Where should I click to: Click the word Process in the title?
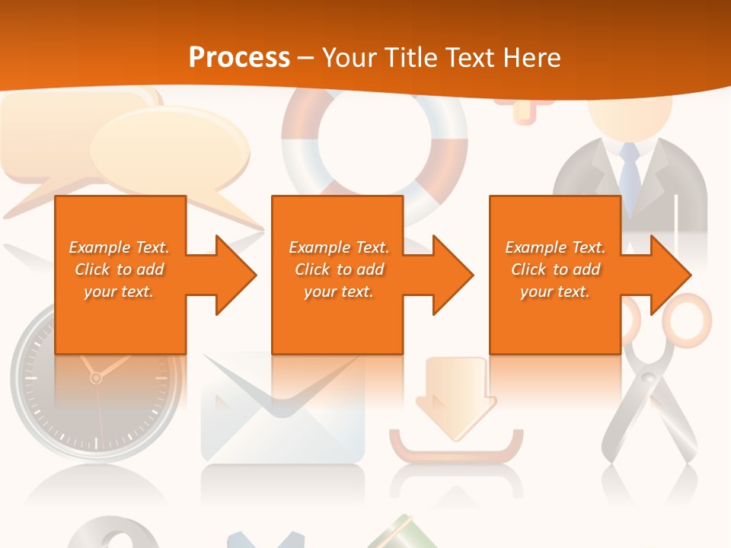(239, 57)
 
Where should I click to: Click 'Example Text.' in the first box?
(119, 247)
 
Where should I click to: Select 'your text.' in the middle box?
(338, 292)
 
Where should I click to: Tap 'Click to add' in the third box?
(556, 269)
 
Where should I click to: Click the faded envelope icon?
(282, 415)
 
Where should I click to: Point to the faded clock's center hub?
(96, 378)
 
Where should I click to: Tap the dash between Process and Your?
(306, 58)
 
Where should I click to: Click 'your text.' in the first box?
(119, 292)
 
